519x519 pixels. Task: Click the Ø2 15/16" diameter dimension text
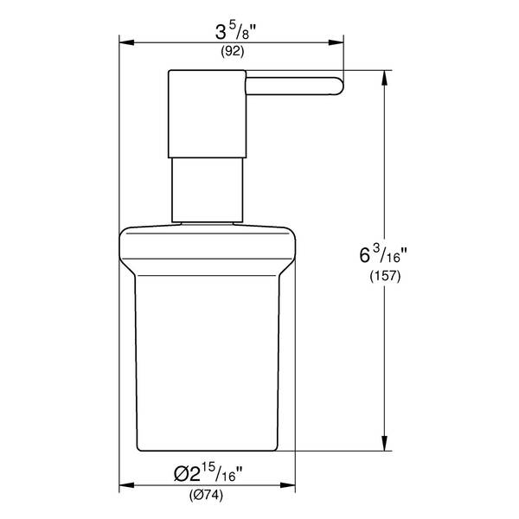(207, 474)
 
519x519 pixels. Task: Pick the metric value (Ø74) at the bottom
(206, 496)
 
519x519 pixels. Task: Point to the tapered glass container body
(207, 363)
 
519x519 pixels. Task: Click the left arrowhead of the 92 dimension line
(124, 40)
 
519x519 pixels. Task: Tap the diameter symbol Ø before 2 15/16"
(178, 475)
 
